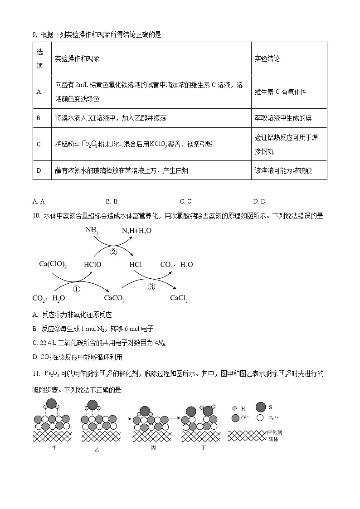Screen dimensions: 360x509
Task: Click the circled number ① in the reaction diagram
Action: [77, 289]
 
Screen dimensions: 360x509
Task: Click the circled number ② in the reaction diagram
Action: [113, 251]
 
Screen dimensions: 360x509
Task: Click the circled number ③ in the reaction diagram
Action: [151, 286]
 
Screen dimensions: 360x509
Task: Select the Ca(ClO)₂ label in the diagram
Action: [53, 264]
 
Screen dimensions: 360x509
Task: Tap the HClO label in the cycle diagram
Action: [92, 265]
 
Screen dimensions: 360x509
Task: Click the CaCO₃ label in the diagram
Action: [114, 298]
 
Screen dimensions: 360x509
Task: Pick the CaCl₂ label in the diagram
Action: [179, 298]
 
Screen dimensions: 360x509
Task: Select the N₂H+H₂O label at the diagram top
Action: [136, 231]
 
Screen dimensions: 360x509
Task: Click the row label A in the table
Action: [39, 92]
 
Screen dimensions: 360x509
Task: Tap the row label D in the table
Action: [39, 170]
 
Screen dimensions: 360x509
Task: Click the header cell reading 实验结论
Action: [267, 58]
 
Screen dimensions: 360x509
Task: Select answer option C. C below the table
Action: [185, 201]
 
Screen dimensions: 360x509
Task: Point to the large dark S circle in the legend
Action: [261, 407]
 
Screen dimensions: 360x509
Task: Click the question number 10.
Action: [36, 216]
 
